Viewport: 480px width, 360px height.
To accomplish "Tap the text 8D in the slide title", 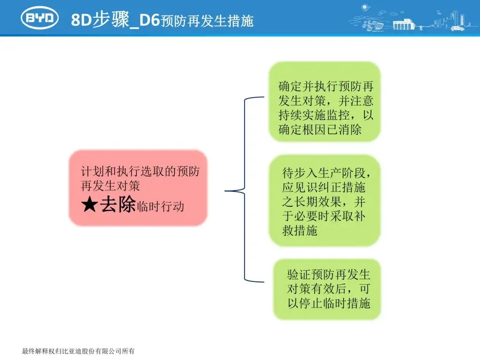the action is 81,20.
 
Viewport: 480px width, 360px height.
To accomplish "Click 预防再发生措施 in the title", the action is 207,21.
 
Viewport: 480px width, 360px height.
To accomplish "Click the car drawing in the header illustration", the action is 458,28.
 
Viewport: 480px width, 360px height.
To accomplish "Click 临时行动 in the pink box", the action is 160,206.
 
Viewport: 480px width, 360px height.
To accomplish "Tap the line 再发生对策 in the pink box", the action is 111,185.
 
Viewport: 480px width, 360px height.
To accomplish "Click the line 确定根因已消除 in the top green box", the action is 320,129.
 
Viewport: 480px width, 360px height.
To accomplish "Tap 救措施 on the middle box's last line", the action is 300,231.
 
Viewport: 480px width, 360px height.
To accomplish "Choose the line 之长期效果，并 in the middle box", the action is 324,201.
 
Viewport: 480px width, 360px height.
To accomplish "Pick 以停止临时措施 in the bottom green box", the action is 328,304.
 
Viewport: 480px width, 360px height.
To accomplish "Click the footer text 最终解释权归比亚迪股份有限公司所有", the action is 78,351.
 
